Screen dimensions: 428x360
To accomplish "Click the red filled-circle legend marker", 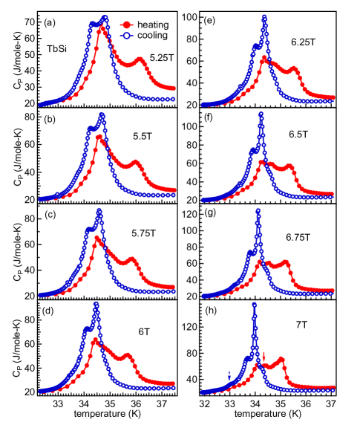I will [126, 25].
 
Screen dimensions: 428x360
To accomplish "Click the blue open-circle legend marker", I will [126, 36].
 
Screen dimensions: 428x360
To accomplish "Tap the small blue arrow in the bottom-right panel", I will [229, 377].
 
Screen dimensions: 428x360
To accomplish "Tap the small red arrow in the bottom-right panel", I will [264, 356].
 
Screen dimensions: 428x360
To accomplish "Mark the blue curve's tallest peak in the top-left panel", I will [105, 17].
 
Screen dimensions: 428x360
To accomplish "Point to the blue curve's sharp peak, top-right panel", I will [264, 17].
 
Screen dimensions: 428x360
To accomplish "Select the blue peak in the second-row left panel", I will [102, 115].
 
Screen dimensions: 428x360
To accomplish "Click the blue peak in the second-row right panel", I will [261, 114].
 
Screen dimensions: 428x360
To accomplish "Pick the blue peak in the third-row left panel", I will [99, 210].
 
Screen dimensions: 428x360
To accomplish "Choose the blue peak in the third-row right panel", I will [258, 211].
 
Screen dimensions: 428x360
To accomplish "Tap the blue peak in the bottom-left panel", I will [96, 304].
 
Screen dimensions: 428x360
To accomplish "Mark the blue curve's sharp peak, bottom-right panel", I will [254, 304].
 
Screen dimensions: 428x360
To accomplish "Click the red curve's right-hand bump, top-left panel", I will [140, 59].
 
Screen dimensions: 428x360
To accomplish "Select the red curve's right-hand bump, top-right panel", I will [294, 69].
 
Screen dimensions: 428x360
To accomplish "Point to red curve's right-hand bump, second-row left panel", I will [136, 161].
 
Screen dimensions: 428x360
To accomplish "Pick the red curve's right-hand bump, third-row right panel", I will [286, 262].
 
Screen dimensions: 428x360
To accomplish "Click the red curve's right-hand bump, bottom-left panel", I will [128, 355].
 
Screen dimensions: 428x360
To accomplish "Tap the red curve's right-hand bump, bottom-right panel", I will [281, 360].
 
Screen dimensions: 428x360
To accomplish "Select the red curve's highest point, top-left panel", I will [102, 28].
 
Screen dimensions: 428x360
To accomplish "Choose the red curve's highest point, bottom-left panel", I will [95, 340].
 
